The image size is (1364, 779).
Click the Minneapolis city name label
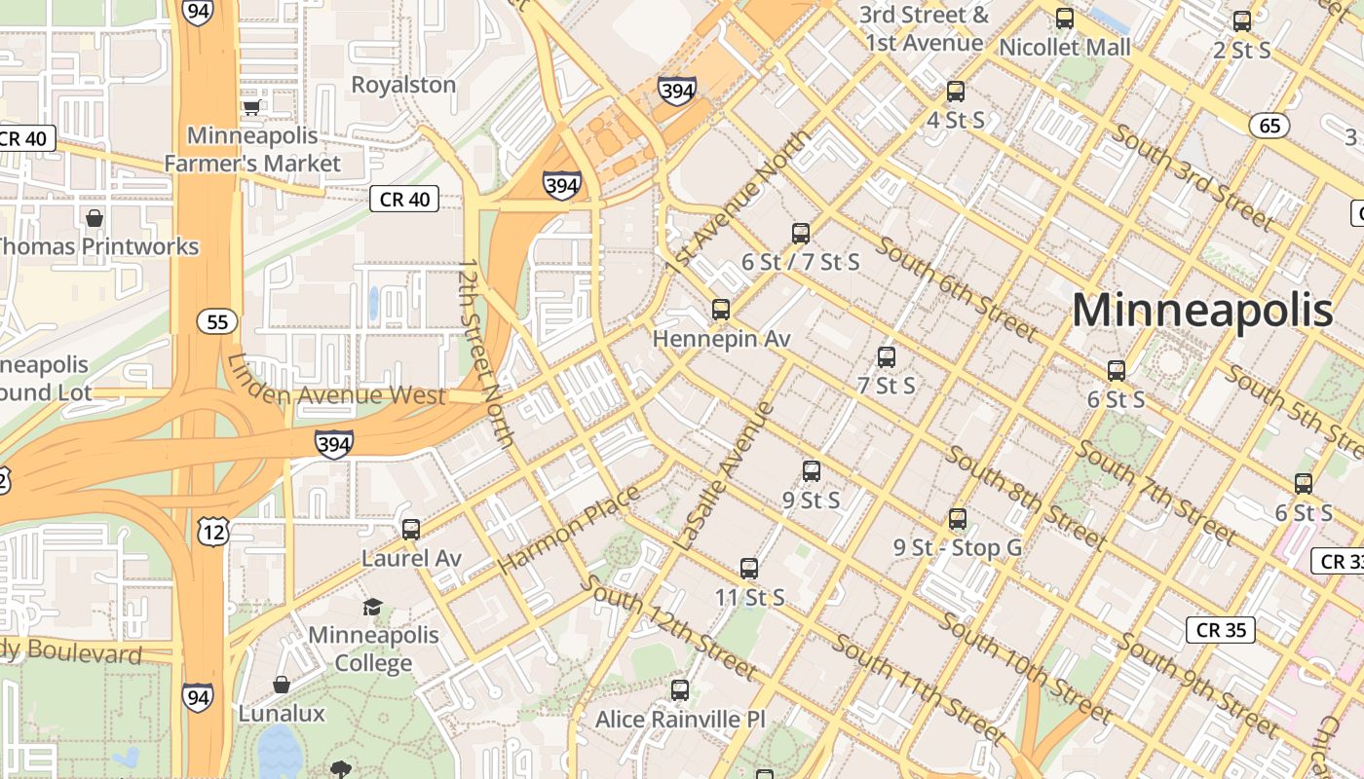[1202, 312]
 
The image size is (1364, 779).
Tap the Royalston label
[403, 85]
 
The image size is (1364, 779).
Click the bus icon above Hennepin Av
[721, 310]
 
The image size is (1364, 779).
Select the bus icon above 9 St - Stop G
[958, 518]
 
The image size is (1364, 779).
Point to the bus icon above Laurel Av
[411, 529]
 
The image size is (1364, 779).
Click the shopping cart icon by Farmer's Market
[252, 107]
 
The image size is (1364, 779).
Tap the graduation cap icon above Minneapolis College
[372, 607]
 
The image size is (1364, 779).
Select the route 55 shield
[217, 321]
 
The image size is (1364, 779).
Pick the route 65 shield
[1269, 126]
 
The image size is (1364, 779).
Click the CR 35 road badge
[1221, 630]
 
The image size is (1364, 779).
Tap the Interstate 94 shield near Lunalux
[198, 696]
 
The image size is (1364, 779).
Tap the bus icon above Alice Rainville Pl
[680, 689]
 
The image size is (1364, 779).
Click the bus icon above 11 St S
[749, 568]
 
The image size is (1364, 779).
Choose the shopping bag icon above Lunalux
[282, 685]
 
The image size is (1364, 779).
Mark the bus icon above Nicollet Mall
[1065, 19]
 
